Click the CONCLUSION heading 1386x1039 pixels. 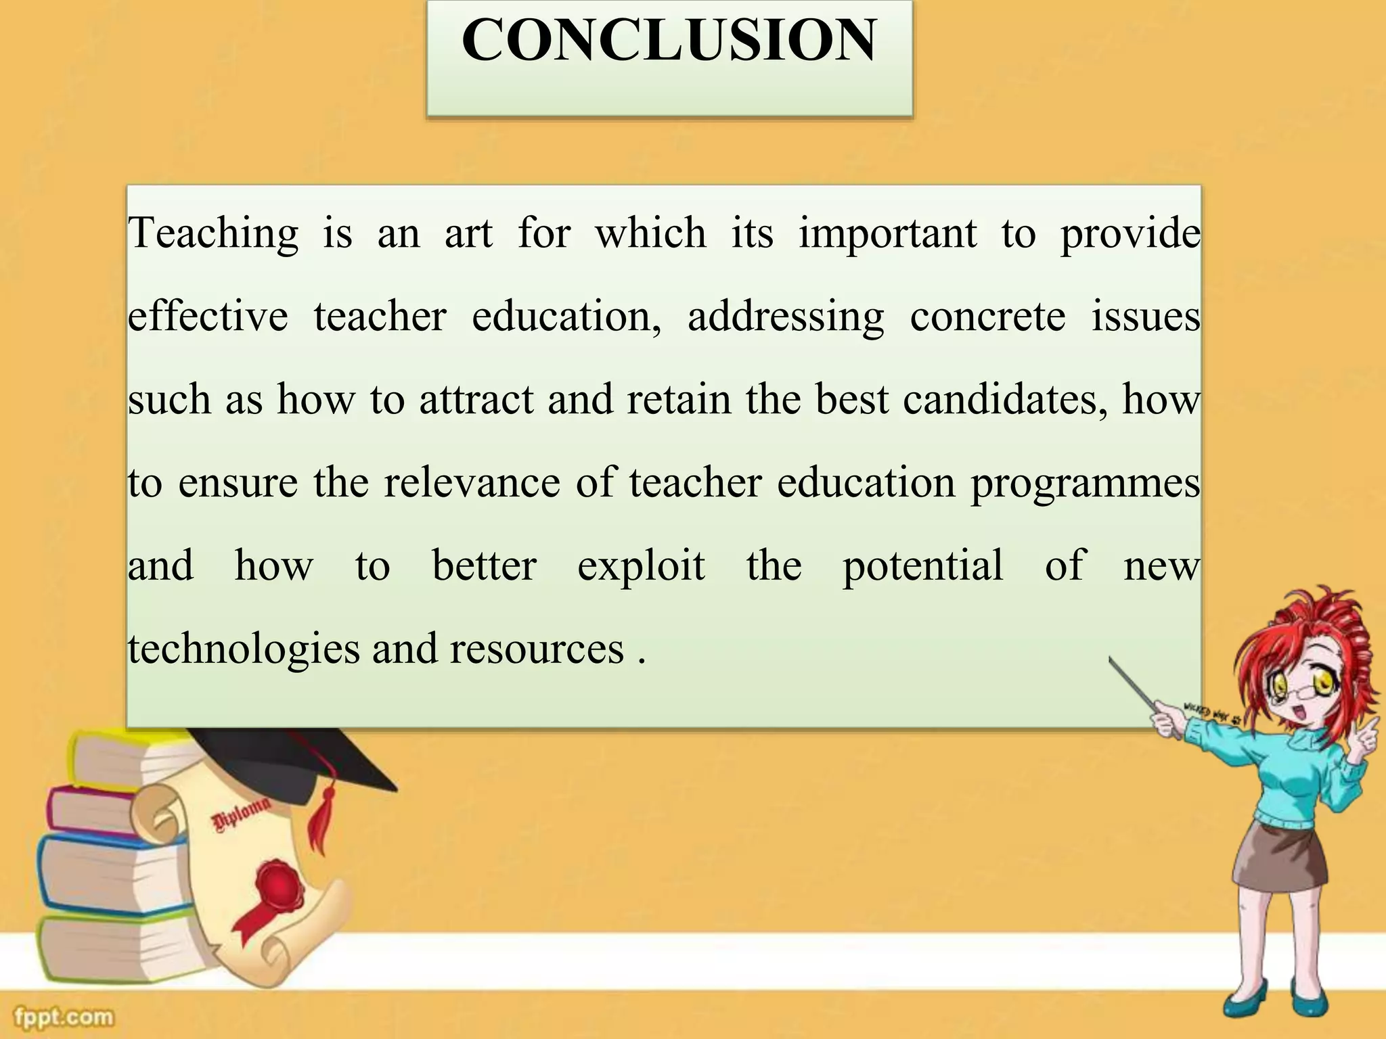(x=669, y=41)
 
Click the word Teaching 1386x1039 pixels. (x=213, y=234)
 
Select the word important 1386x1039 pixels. (x=887, y=234)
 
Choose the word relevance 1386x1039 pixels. (x=472, y=483)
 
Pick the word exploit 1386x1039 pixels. (x=641, y=566)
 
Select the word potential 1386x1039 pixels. (x=922, y=567)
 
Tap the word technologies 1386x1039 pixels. (x=244, y=650)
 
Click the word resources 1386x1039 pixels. (x=537, y=649)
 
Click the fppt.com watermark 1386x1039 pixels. (x=64, y=1017)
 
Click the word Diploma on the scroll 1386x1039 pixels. (x=242, y=815)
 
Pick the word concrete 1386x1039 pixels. (x=987, y=317)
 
